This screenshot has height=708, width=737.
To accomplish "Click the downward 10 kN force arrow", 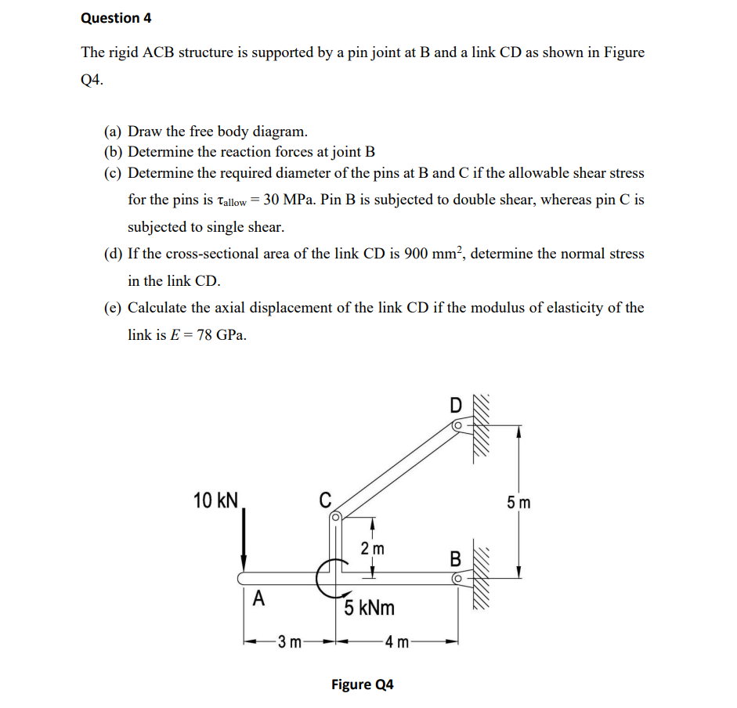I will [244, 540].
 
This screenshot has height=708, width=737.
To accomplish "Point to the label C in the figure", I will [325, 499].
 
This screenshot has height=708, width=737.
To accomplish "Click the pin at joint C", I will [335, 517].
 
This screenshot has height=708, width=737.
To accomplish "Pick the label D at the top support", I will [456, 406].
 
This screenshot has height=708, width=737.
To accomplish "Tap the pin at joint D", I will [457, 425].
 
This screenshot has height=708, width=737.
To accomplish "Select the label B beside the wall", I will [455, 559].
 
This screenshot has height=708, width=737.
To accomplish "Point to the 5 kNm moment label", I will [369, 607].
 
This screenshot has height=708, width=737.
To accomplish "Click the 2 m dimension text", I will [373, 548].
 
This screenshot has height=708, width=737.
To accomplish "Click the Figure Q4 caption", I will [362, 685].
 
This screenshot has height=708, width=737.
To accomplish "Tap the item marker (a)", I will [114, 132].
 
